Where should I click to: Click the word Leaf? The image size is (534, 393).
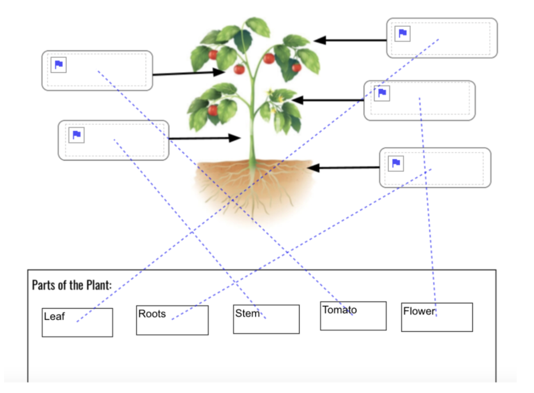click(54, 316)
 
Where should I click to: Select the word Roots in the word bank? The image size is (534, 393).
click(152, 314)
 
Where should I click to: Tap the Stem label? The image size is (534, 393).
click(247, 314)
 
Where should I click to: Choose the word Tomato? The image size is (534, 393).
click(339, 310)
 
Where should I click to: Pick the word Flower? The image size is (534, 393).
click(419, 311)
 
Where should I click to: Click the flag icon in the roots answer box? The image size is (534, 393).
click(396, 163)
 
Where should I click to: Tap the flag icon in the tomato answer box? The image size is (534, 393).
click(59, 65)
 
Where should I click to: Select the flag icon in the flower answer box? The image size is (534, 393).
click(382, 93)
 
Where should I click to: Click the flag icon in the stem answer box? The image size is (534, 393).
click(76, 135)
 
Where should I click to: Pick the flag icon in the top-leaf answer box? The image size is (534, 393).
click(403, 33)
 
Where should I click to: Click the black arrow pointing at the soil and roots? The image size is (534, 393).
click(343, 168)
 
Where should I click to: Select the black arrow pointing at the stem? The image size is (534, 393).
click(204, 138)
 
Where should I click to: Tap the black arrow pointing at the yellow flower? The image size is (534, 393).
click(324, 100)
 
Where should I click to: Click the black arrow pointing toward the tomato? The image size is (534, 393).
click(184, 72)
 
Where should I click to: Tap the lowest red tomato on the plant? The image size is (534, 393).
click(213, 110)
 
